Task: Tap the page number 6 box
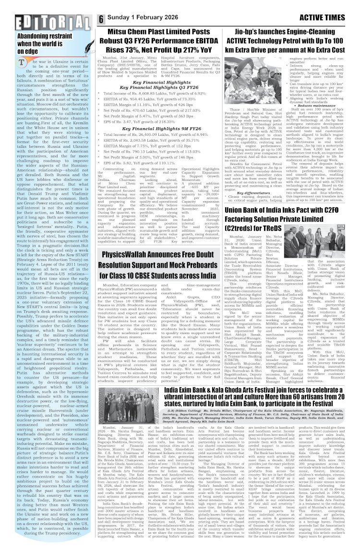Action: click(x=102, y=20)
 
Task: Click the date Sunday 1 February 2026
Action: click(x=144, y=20)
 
